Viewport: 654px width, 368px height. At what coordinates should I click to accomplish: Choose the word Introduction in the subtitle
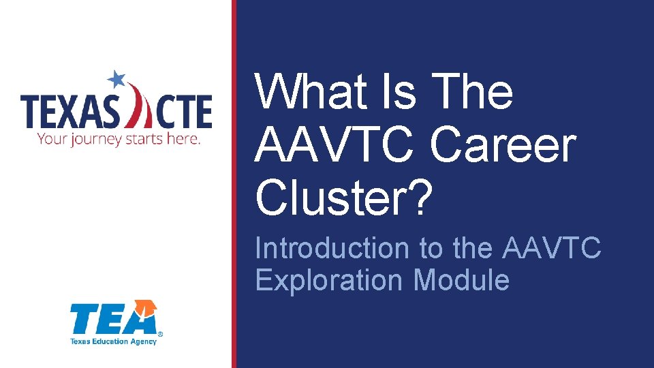tap(332, 249)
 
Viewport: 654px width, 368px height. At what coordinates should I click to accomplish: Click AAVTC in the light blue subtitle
tap(552, 249)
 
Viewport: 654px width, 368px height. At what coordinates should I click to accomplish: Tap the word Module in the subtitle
tap(461, 280)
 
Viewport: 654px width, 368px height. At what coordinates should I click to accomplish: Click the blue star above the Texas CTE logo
tap(118, 79)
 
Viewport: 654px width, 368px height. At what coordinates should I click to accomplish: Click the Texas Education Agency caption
tap(113, 341)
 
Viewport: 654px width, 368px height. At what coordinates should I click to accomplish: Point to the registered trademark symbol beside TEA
tap(160, 334)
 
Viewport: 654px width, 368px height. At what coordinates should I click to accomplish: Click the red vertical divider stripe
tap(234, 184)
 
